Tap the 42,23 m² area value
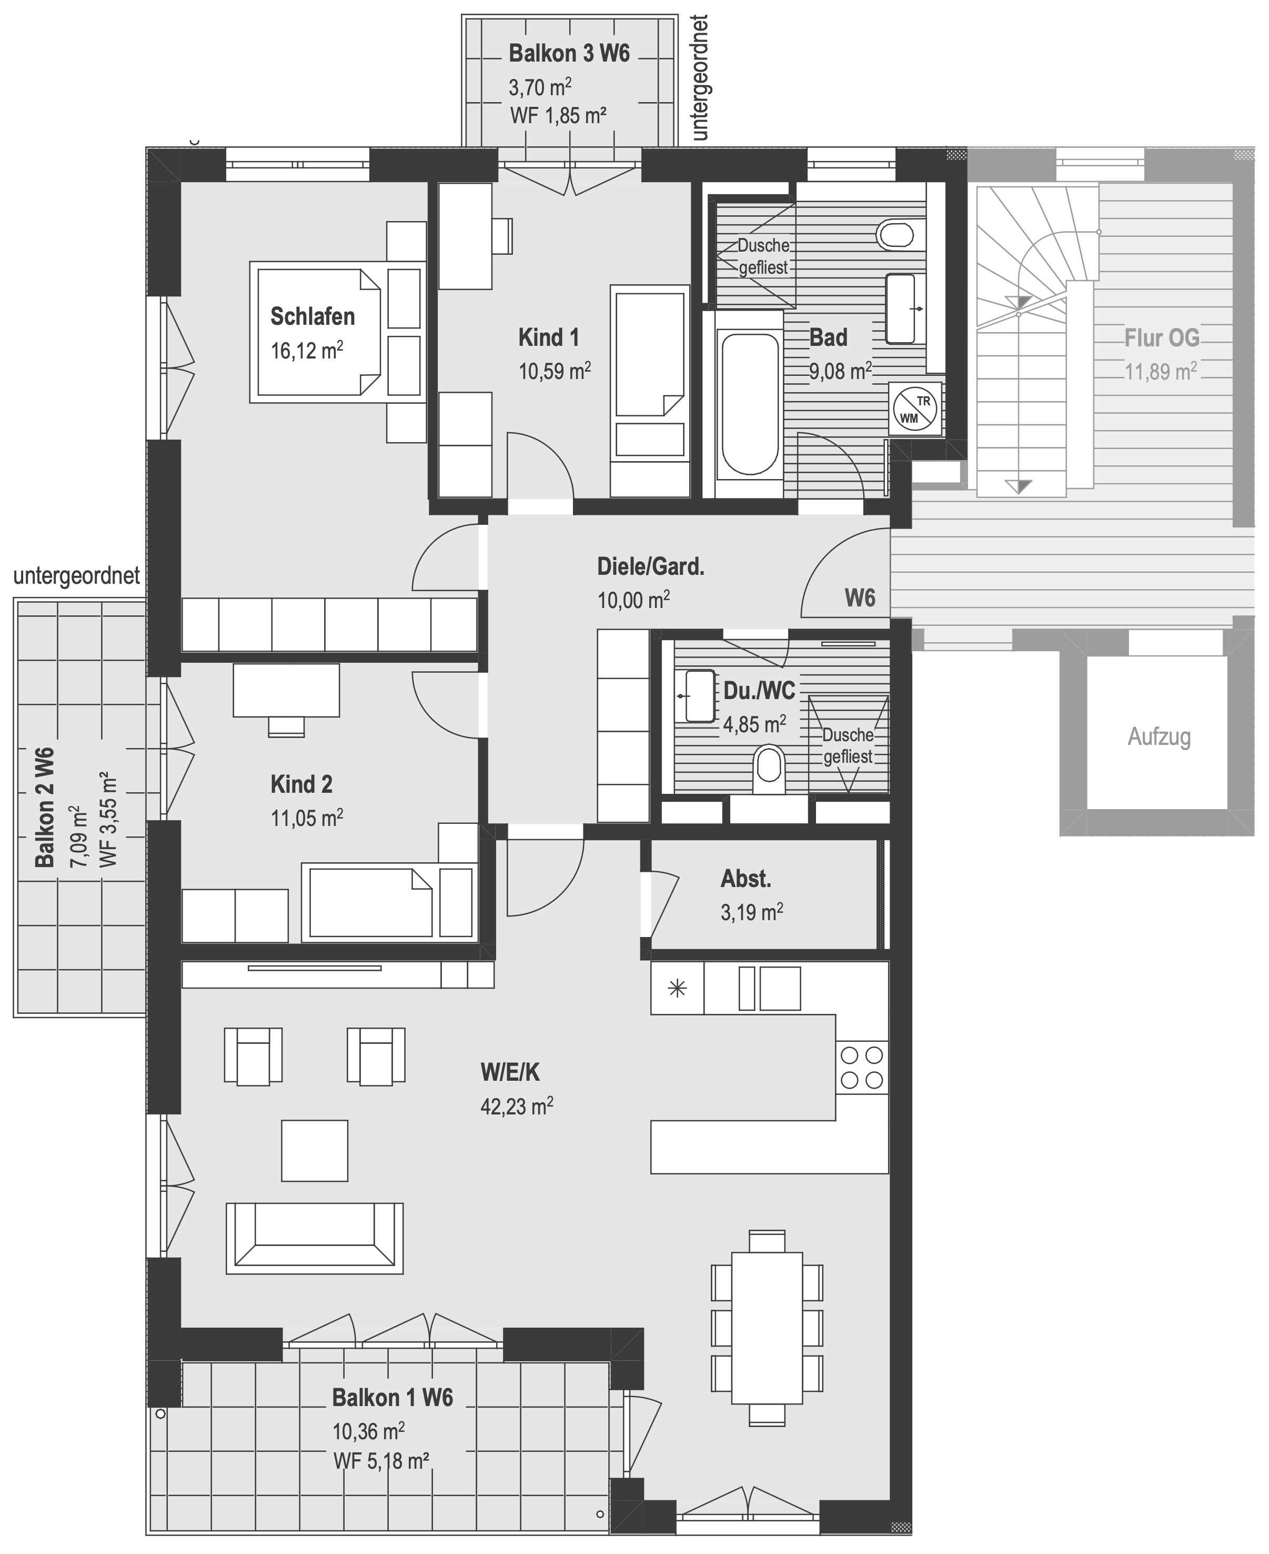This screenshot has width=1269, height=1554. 516,1105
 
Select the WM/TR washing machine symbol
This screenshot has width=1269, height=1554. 915,410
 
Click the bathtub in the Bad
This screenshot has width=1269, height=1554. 749,404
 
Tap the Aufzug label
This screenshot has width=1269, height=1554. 1159,736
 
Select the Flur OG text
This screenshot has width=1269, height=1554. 1162,338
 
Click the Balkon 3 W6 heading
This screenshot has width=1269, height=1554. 569,54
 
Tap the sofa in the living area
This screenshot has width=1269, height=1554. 314,1239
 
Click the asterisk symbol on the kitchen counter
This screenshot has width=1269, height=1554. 678,990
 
